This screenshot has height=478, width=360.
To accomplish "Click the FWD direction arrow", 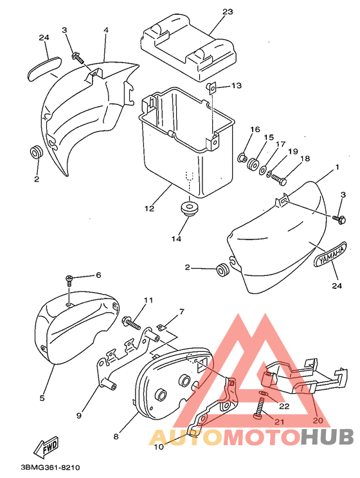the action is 46,446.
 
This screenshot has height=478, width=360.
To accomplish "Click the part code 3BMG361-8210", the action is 50,467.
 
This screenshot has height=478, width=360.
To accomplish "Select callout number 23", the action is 228,12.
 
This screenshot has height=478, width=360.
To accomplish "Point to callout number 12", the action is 149,209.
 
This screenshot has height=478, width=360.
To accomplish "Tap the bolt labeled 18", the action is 279,179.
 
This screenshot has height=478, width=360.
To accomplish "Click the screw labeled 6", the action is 69,280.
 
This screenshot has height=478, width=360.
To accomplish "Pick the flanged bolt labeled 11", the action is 132,323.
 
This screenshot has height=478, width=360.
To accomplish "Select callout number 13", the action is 236,86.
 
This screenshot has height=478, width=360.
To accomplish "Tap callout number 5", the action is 42,398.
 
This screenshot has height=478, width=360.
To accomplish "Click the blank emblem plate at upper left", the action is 44,69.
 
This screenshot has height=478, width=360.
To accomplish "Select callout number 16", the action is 255,129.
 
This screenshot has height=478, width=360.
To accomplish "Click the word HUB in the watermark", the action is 327,437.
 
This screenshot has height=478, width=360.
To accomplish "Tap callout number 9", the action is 79,415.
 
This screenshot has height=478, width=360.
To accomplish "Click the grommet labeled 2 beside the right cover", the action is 222,271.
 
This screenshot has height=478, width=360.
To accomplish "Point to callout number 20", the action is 318,420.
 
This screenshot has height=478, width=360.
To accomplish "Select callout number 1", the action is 337,167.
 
